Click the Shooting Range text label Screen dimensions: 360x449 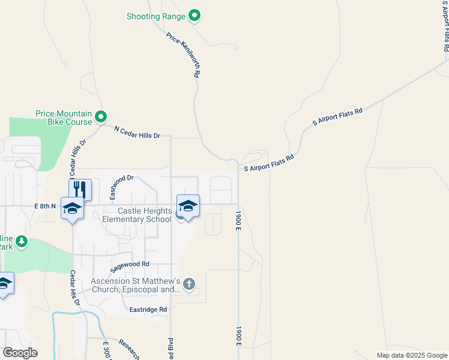[155, 16]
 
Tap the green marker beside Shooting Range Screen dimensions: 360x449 [194, 16]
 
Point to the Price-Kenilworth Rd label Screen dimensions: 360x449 [183, 55]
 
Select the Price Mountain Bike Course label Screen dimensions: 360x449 [63, 118]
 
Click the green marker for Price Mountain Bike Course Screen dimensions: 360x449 [101, 116]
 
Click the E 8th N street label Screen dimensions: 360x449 [45, 206]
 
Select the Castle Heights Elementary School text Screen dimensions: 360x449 [137, 215]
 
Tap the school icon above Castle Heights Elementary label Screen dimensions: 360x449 [188, 206]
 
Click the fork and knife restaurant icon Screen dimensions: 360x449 [80, 190]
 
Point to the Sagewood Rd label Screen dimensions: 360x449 [129, 264]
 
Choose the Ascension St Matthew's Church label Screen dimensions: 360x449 [136, 285]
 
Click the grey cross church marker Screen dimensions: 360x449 [189, 284]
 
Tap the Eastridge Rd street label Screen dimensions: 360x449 [148, 310]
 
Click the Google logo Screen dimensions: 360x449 [20, 353]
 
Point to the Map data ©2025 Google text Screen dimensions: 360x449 [412, 355]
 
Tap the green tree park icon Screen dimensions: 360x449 [22, 241]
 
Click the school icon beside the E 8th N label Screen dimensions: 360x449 [72, 208]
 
